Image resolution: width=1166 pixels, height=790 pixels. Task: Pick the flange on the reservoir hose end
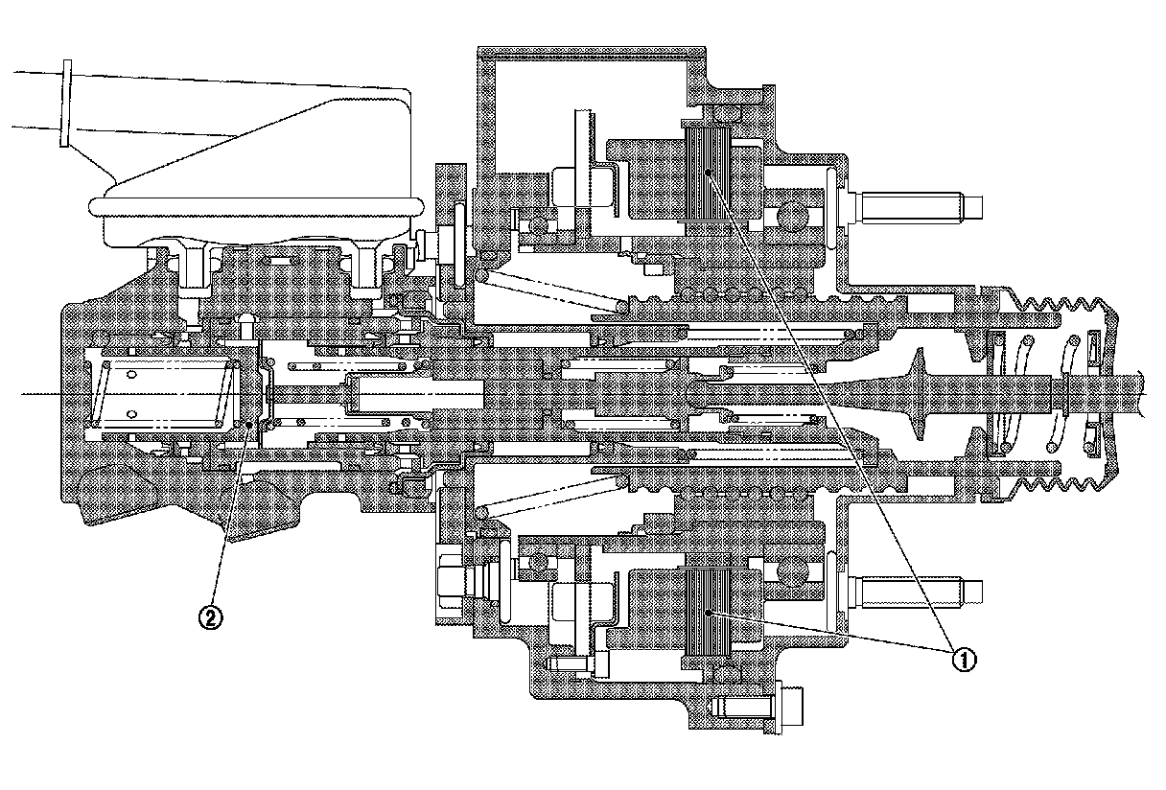click(x=65, y=104)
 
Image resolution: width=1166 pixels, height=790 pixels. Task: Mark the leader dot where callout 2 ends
click(x=251, y=424)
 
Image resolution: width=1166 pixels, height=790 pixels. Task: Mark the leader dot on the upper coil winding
click(x=707, y=171)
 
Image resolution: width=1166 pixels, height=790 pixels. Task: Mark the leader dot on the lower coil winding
click(x=707, y=611)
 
